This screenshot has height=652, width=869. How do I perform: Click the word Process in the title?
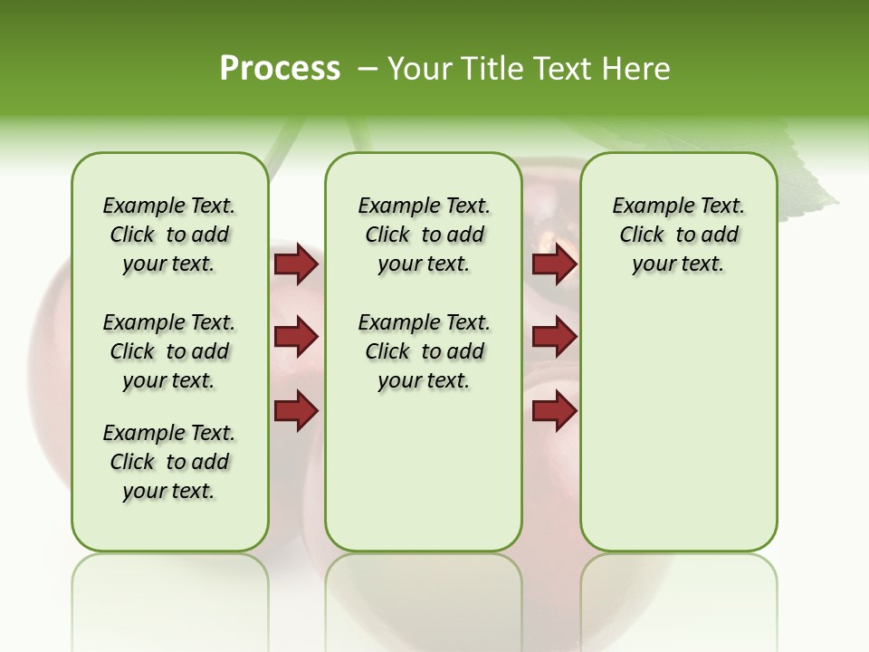280,69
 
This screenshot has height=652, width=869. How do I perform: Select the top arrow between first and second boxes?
296,264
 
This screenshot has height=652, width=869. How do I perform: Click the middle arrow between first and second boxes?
296,337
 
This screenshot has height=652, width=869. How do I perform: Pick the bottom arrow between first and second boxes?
296,410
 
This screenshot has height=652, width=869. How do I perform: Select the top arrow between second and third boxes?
554,264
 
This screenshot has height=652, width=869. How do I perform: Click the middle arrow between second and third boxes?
554,337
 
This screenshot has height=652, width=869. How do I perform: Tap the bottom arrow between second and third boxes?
554,410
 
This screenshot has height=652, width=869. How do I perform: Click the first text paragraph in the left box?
169,235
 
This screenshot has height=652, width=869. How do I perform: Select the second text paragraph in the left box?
169,351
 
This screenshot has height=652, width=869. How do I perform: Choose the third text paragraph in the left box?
169,462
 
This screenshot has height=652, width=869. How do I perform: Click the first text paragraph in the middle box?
424,235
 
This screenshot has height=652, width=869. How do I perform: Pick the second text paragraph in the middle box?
424,351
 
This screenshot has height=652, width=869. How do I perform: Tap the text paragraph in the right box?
678,235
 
